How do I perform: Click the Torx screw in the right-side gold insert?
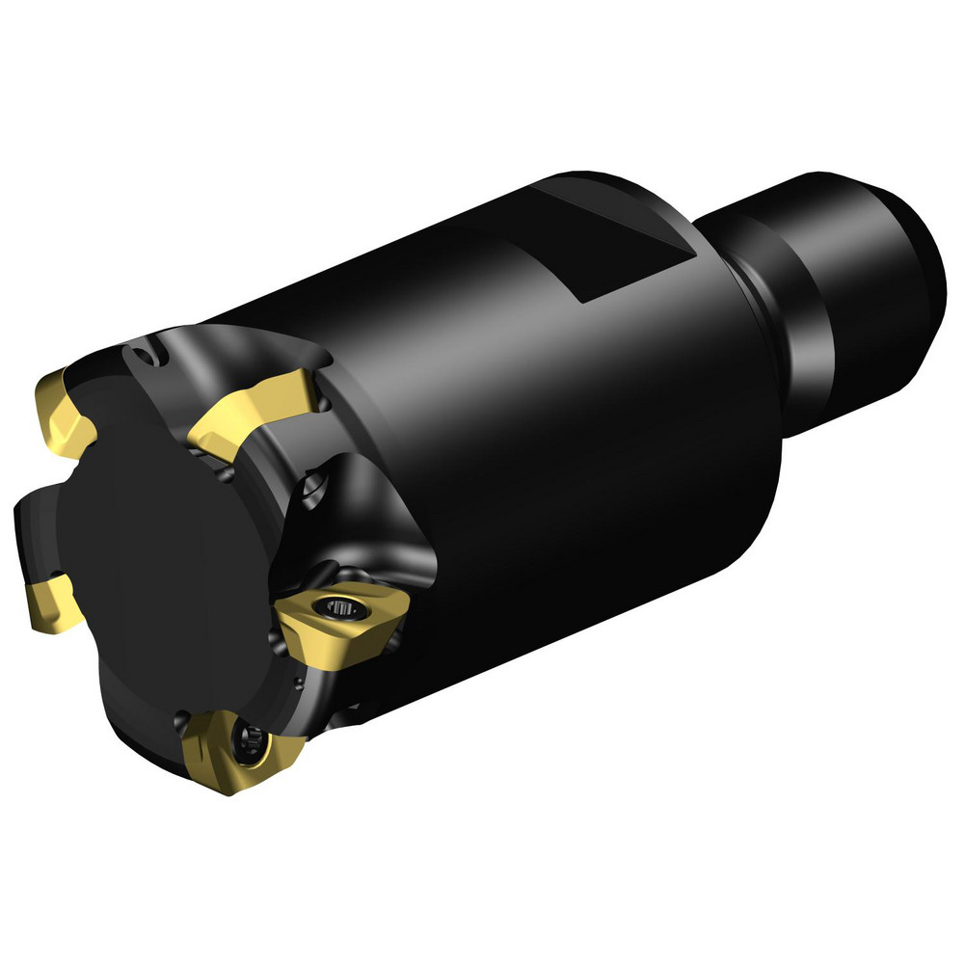click(x=338, y=608)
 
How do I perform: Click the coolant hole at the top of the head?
click(x=145, y=356)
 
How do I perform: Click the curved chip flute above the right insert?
click(x=366, y=521)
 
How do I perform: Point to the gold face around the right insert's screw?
click(x=318, y=627)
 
